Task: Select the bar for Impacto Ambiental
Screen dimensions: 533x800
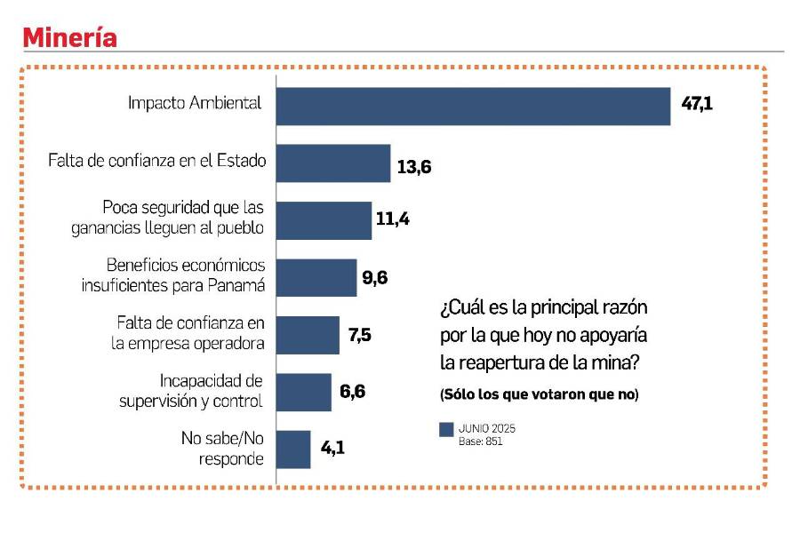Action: pyautogui.click(x=472, y=106)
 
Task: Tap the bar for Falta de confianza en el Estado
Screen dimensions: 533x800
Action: pyautogui.click(x=332, y=163)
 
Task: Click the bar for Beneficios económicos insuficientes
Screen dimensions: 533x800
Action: pyautogui.click(x=316, y=277)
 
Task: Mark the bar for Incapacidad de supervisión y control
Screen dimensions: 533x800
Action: pyautogui.click(x=303, y=392)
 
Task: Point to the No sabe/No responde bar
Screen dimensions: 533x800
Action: pyautogui.click(x=292, y=449)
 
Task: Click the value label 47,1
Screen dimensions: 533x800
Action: pyautogui.click(x=697, y=104)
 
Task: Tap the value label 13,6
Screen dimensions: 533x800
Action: pyautogui.click(x=414, y=166)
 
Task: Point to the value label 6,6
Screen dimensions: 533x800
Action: pyautogui.click(x=354, y=391)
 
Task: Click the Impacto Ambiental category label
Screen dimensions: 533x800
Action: pyautogui.click(x=195, y=103)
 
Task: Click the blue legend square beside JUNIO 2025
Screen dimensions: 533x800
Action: pyautogui.click(x=447, y=430)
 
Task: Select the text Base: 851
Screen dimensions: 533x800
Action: pyautogui.click(x=481, y=441)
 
